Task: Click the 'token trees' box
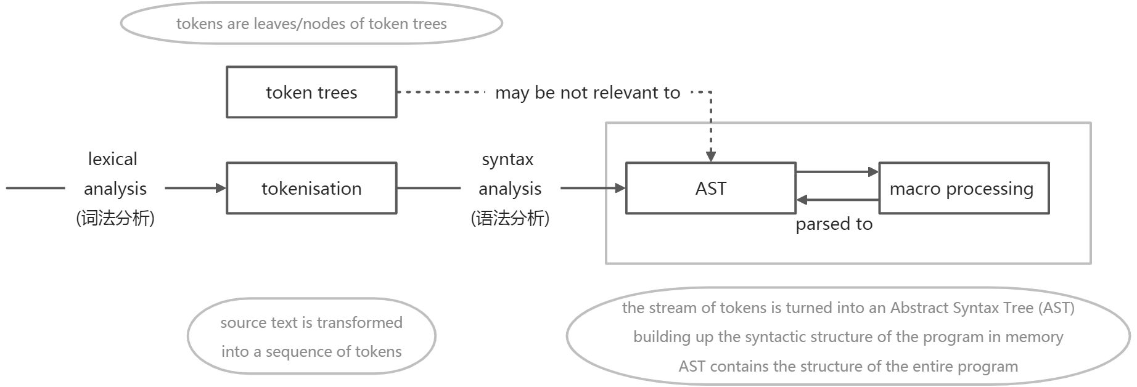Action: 311,92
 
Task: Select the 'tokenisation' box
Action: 311,189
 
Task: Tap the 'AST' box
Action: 710,189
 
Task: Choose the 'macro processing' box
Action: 963,189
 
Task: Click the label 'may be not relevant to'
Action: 587,92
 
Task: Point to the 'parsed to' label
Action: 834,224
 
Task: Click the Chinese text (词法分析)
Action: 115,218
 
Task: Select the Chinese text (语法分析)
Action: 510,218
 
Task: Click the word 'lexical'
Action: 113,159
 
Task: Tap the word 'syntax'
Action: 507,159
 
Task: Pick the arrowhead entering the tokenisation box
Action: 221,188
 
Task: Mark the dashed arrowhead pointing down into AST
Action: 711,157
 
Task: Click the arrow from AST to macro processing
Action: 837,172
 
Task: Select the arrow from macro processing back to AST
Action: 837,200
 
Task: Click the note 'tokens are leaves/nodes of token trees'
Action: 311,23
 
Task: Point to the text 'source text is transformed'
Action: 311,322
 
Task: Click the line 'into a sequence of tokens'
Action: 311,351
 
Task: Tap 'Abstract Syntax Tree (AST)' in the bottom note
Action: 982,308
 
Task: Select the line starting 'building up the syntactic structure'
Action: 848,336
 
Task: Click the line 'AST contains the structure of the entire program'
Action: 848,366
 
